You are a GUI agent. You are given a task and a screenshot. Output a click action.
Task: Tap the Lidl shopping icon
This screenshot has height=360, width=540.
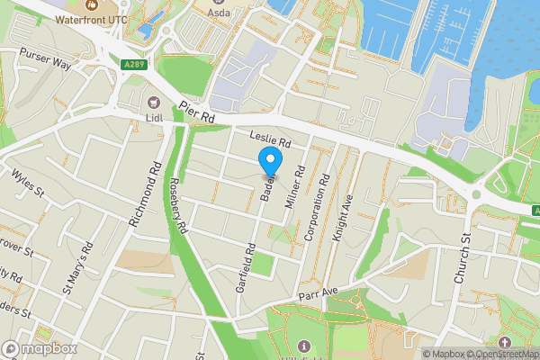[154, 101]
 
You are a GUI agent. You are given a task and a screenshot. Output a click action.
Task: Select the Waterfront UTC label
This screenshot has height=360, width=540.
[92, 18]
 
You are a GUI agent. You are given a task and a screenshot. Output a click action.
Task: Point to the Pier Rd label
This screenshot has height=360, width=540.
[197, 112]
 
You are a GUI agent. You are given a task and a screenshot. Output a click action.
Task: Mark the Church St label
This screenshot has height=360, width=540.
[463, 257]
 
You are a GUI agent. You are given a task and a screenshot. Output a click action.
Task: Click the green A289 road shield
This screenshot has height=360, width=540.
[131, 64]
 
